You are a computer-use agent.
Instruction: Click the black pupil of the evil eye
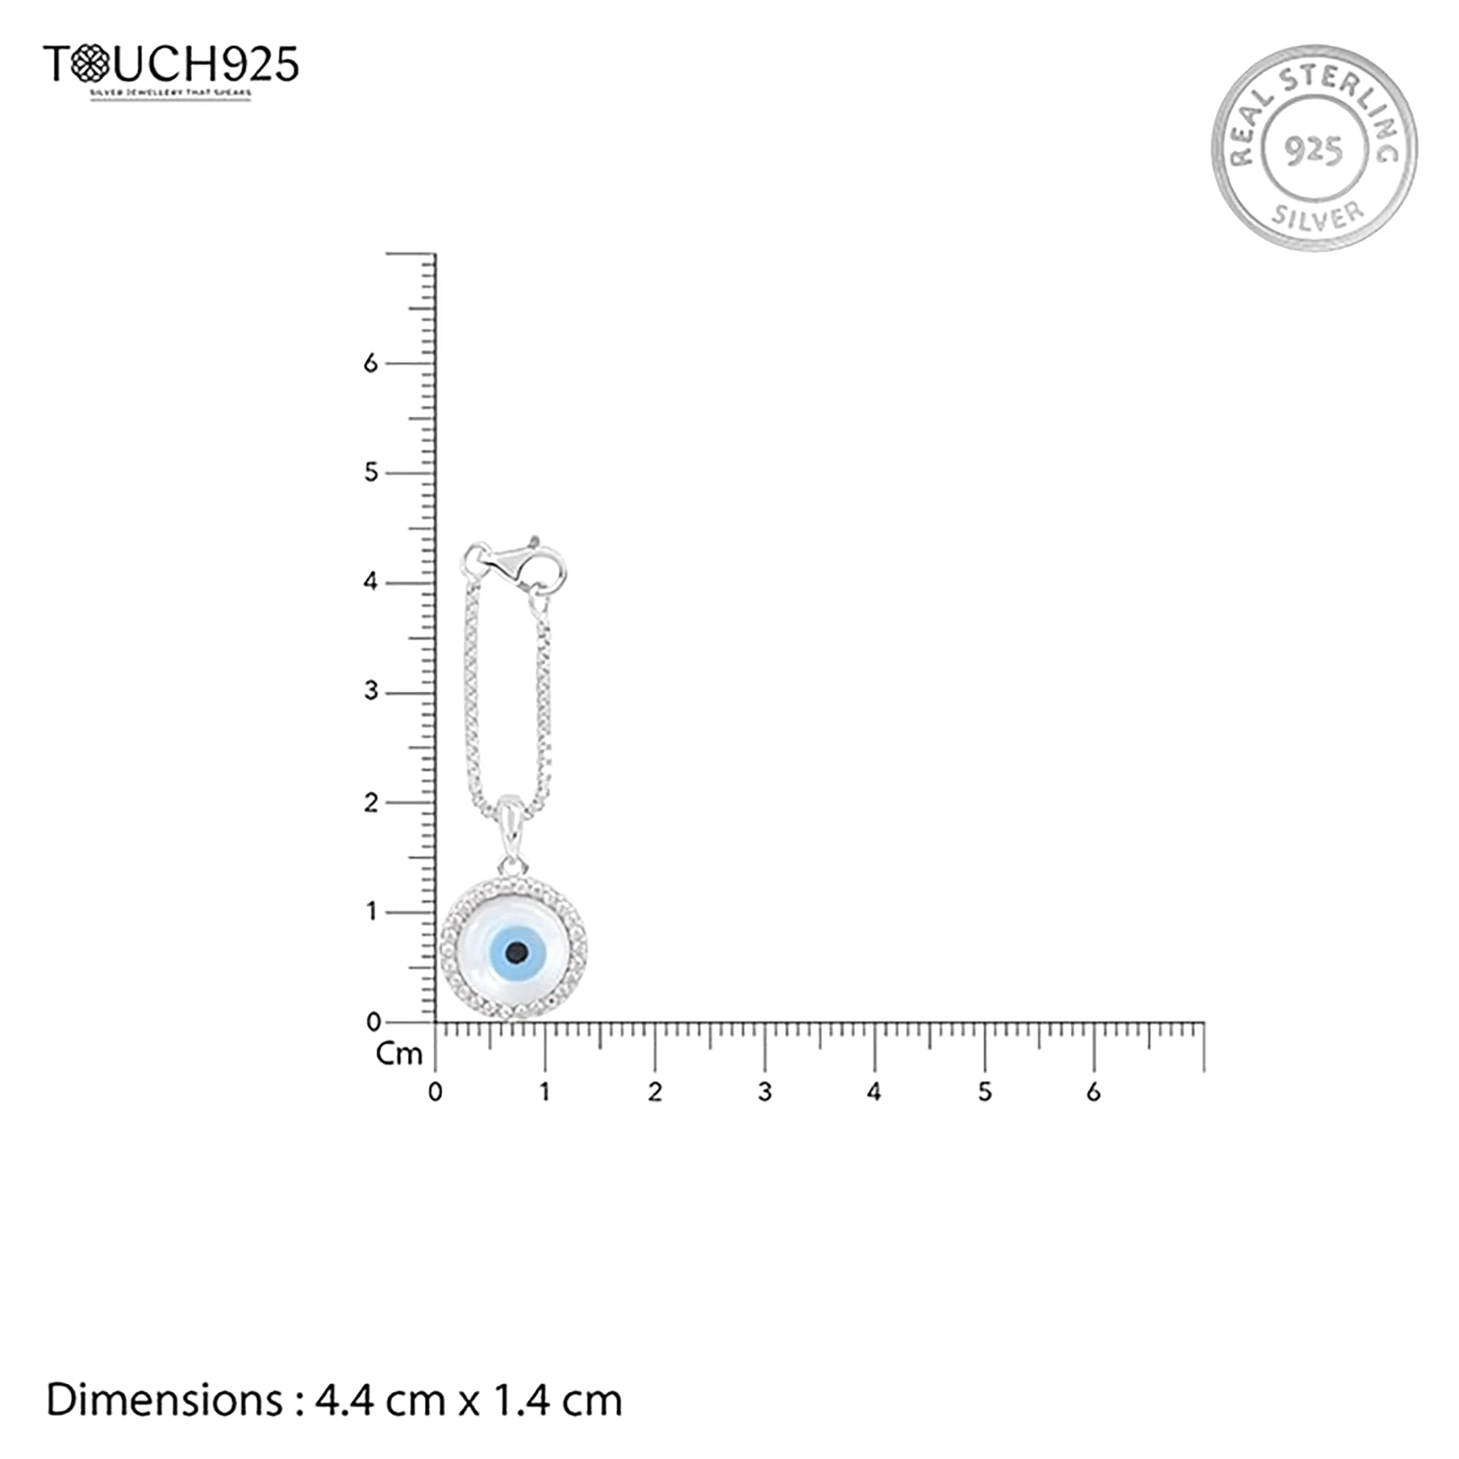point(516,952)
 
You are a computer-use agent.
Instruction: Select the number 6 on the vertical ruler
point(370,363)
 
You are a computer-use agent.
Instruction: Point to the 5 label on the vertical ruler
point(370,473)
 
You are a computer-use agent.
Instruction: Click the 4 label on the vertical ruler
point(370,582)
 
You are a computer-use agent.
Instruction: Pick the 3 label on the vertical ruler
point(370,692)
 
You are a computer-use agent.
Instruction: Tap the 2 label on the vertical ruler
point(370,802)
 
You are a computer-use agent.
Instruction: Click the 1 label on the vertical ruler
point(371,913)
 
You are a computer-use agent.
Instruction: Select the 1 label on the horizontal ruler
point(545,1093)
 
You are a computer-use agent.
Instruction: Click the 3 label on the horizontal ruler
point(765,1093)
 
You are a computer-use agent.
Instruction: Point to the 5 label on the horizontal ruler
point(985,1093)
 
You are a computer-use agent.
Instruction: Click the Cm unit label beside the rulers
point(399,1054)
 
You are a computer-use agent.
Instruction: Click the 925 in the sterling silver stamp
point(1314,151)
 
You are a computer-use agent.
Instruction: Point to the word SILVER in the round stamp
point(1317,215)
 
